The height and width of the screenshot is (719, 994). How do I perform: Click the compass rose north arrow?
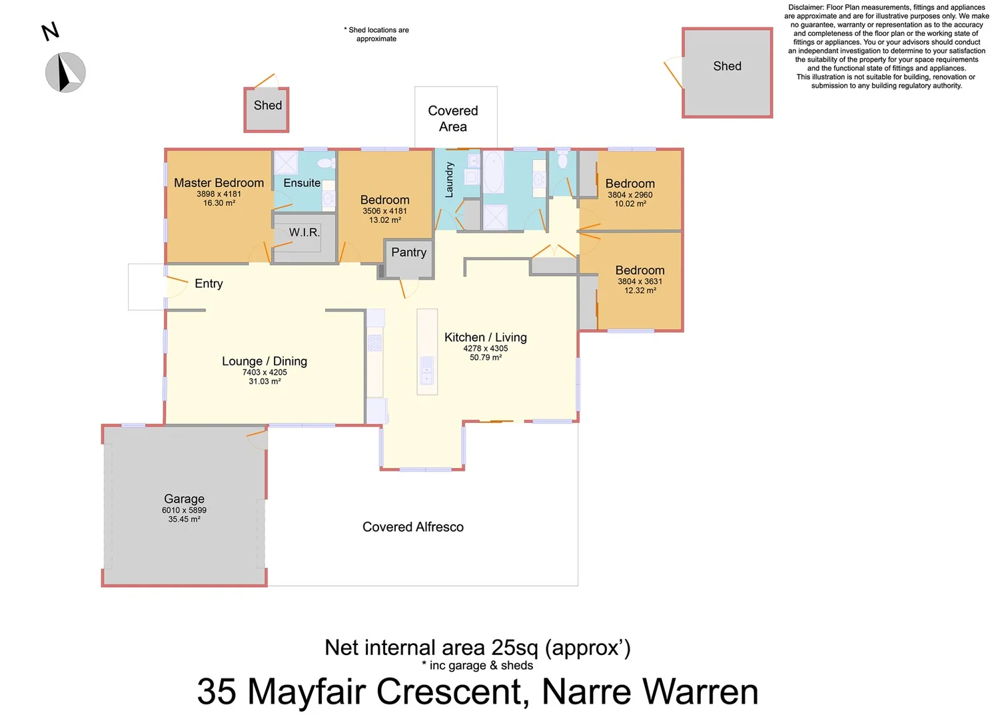pos(65,73)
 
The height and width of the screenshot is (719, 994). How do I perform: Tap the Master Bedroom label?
pos(219,183)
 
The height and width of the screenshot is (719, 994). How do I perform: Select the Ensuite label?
pos(302,183)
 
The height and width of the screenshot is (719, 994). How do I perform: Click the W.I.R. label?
pos(304,232)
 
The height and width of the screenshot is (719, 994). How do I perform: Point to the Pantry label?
pos(408,252)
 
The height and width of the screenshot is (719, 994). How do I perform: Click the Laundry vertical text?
pos(449,180)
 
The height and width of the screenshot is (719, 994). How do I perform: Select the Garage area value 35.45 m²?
pos(184,519)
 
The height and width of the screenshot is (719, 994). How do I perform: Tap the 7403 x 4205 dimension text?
pos(264,372)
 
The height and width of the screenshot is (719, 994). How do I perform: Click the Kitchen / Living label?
pos(485,338)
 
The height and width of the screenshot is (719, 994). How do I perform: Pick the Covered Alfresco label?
pos(412,527)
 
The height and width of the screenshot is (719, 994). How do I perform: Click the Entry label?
pos(209,284)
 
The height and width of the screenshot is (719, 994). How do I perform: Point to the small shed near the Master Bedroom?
pos(266,110)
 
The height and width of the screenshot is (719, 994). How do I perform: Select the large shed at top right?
pos(727,73)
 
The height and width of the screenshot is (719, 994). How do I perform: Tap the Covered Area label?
pos(453,119)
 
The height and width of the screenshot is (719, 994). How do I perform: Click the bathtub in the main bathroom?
pos(493,172)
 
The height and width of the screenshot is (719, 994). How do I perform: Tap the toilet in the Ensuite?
pos(325,163)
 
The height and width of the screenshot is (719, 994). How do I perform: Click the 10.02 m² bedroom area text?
pos(630,204)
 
